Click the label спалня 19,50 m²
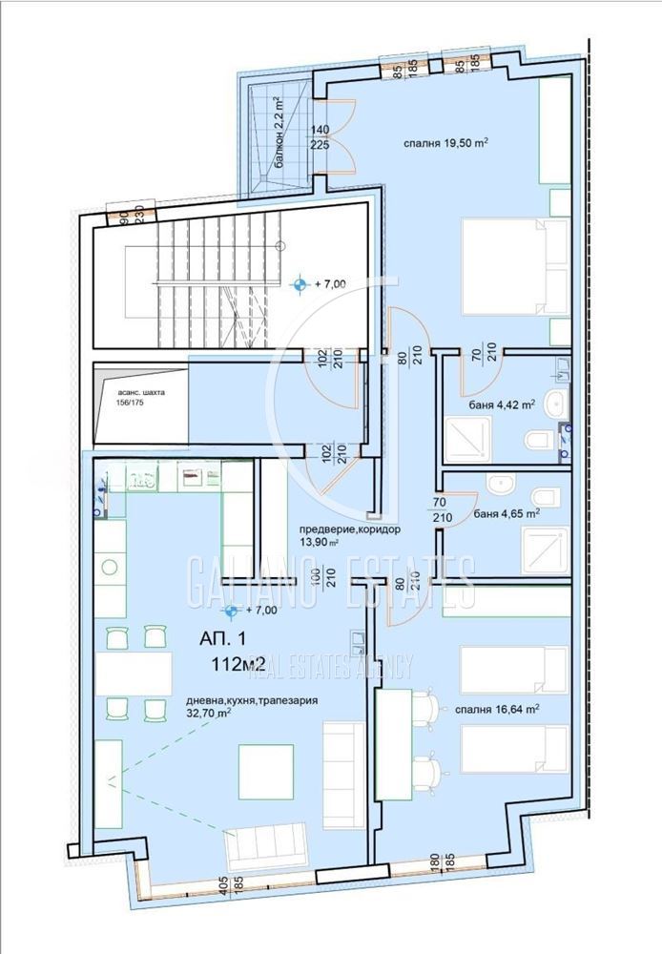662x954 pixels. tap(445, 144)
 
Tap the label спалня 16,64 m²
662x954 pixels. tap(496, 709)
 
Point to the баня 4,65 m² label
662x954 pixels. tap(507, 513)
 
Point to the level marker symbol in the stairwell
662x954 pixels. tap(301, 283)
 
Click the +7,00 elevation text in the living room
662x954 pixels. tap(261, 610)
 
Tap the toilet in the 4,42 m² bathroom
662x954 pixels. tap(540, 440)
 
